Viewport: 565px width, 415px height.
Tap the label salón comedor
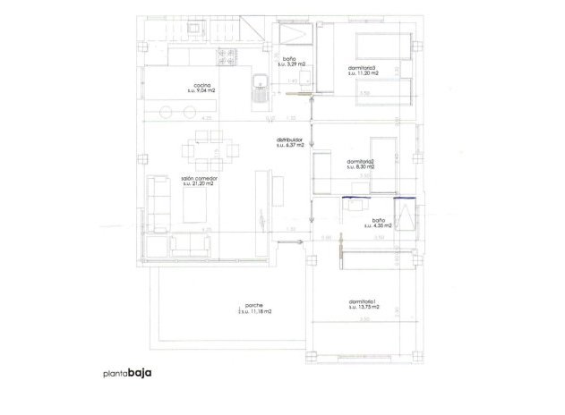(199, 178)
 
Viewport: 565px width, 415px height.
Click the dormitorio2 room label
(359, 161)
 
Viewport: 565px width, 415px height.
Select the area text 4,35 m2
(378, 227)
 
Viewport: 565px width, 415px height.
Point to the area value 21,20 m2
(199, 184)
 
